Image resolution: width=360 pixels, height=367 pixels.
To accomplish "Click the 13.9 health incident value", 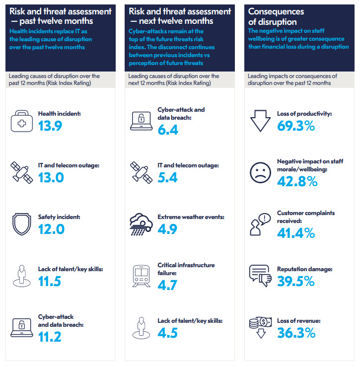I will pyautogui.click(x=50, y=126).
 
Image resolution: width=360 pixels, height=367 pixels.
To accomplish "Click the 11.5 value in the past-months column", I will pyautogui.click(x=50, y=281).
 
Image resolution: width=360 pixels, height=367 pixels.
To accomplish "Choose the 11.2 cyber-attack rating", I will pyautogui.click(x=50, y=337).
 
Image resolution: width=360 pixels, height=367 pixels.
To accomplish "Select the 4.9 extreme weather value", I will pyautogui.click(x=167, y=229).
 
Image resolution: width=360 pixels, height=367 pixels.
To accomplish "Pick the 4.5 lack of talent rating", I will pyautogui.click(x=167, y=332).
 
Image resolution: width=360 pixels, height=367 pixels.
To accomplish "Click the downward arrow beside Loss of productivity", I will pyautogui.click(x=260, y=121).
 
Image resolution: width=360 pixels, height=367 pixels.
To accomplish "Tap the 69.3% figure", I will pyautogui.click(x=296, y=126).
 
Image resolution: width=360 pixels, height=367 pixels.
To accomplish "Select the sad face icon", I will pyautogui.click(x=260, y=172).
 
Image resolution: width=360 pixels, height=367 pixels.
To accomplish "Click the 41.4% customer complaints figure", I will pyautogui.click(x=296, y=233).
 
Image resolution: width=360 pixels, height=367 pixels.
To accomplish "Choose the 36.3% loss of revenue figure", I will pyautogui.click(x=296, y=332).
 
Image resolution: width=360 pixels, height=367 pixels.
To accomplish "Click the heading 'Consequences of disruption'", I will pyautogui.click(x=277, y=16).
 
